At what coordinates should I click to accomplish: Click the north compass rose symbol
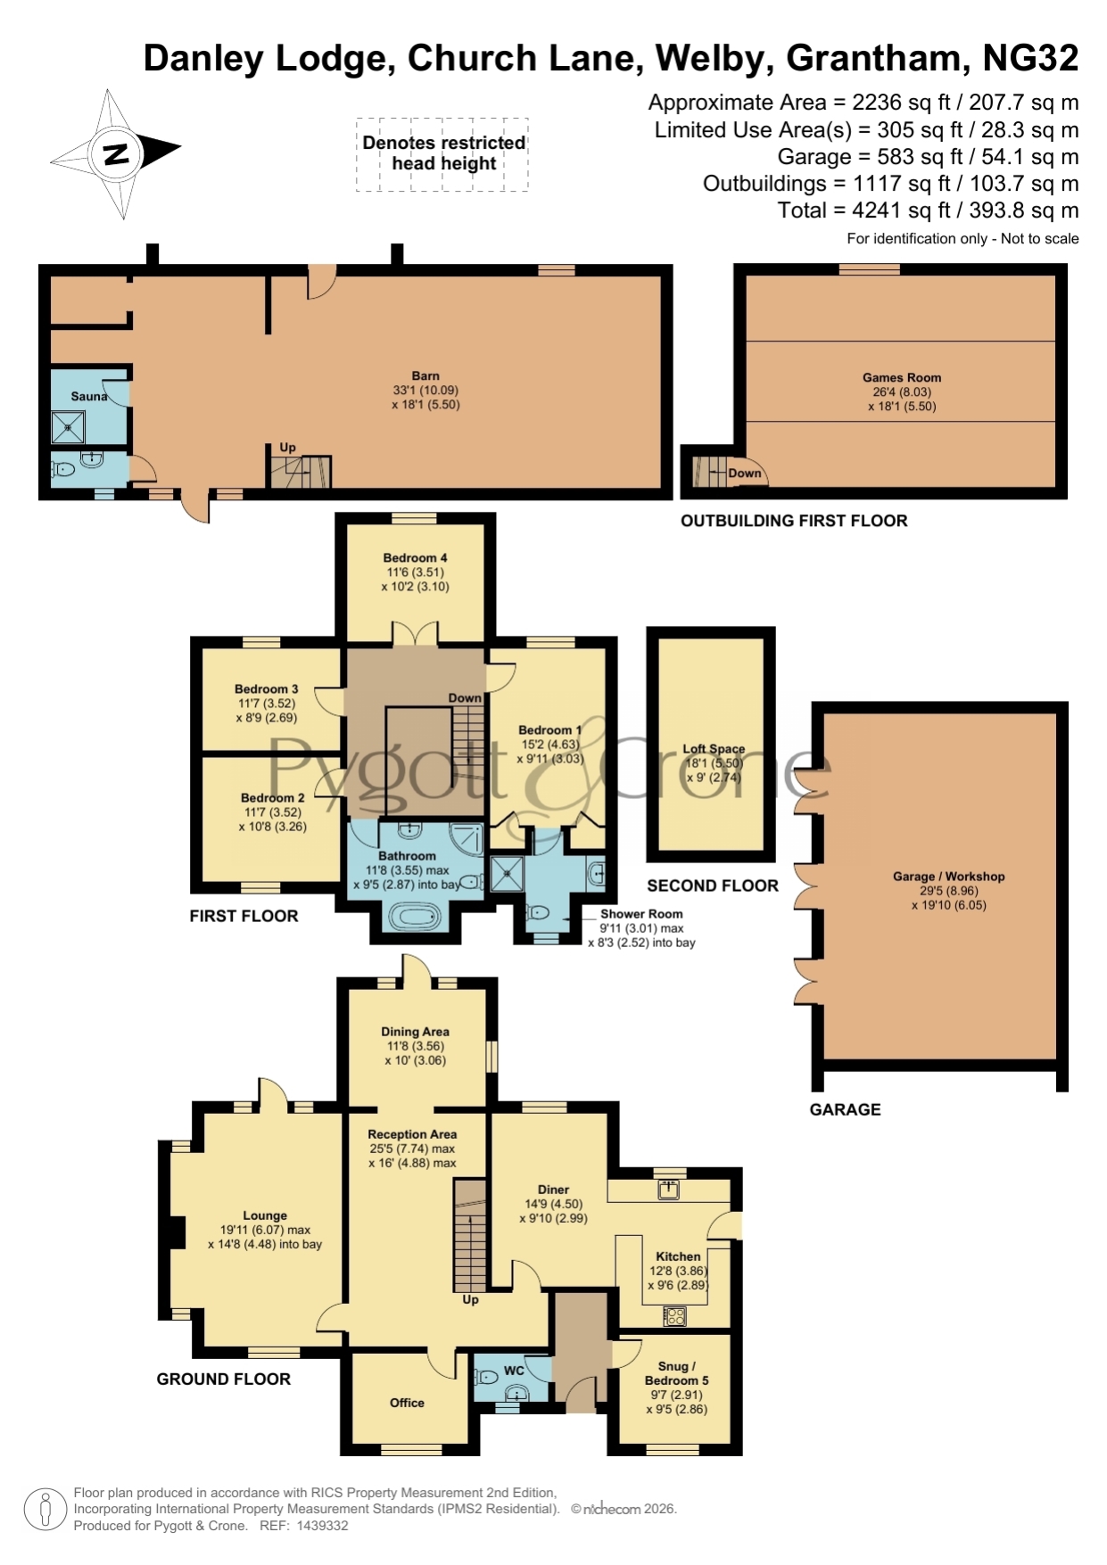pyautogui.click(x=116, y=153)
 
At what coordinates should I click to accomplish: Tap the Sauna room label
pyautogui.click(x=89, y=396)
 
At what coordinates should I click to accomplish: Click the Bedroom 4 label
pyautogui.click(x=415, y=557)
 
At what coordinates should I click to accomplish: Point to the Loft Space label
pyautogui.click(x=714, y=749)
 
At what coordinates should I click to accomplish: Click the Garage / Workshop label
pyautogui.click(x=949, y=877)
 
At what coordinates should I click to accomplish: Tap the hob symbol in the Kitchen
pyautogui.click(x=674, y=1314)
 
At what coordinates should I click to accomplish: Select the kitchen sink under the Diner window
pyautogui.click(x=669, y=1189)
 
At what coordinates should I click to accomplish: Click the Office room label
pyautogui.click(x=407, y=1403)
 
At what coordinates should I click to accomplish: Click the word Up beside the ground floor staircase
pyautogui.click(x=470, y=1299)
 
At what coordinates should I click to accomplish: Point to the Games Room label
pyautogui.click(x=902, y=377)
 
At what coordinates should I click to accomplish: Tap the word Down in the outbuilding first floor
pyautogui.click(x=745, y=473)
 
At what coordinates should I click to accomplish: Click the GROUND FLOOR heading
pyautogui.click(x=224, y=1379)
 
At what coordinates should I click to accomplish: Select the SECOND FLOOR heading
pyautogui.click(x=713, y=885)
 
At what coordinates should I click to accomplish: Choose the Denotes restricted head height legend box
pyautogui.click(x=442, y=154)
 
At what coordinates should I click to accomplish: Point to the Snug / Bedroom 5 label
pyautogui.click(x=677, y=1373)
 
